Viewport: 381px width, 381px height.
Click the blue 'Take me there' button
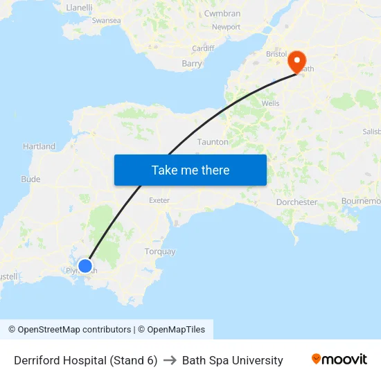[x=190, y=170]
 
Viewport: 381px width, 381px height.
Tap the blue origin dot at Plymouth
[x=85, y=265]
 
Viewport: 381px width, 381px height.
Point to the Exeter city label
[x=159, y=200]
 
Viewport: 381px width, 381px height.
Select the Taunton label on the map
[x=213, y=141]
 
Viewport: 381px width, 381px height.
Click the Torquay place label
[x=160, y=251]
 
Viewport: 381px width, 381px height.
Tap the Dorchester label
[x=296, y=202]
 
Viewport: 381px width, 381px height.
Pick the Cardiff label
[x=203, y=48]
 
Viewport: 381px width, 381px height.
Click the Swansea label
[x=106, y=21]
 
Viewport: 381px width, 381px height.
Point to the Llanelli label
[x=79, y=8]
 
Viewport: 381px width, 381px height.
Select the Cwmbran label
[x=222, y=13]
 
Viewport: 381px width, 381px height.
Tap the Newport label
[x=226, y=27]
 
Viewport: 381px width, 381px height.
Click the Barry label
[x=191, y=64]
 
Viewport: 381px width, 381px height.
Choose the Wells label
[x=270, y=103]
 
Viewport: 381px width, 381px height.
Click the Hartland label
[x=39, y=146]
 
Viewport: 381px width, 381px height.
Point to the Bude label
[x=30, y=179]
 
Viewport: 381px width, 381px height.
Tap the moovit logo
[x=339, y=360]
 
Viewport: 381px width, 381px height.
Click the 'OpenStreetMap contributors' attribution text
[x=74, y=330]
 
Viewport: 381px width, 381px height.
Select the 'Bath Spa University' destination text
[x=232, y=360]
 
